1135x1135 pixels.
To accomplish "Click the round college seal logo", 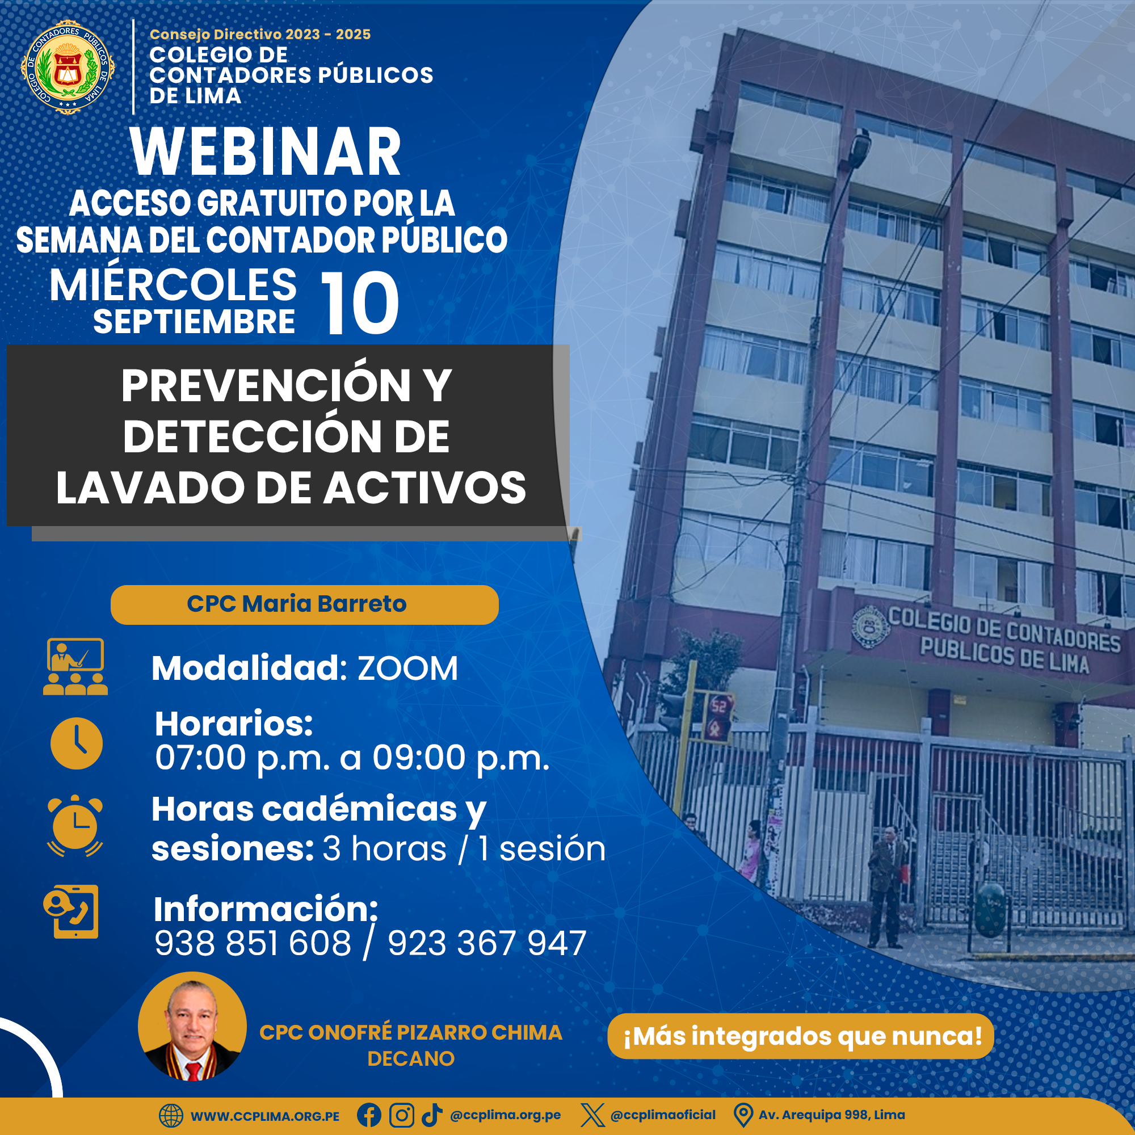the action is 68,67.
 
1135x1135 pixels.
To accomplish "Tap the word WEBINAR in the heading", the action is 266,152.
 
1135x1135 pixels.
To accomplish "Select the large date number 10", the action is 360,303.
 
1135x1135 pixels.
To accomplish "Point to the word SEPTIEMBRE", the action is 194,322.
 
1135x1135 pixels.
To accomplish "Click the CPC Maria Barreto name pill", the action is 304,604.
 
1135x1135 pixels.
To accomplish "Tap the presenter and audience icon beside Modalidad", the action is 75,667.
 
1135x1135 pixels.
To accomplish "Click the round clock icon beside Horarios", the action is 77,743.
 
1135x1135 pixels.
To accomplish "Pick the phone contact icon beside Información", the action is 71,912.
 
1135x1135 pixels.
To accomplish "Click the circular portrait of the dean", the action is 192,1026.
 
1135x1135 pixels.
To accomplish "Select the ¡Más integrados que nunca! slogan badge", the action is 801,1036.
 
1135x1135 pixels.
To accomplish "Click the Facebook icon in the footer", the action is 369,1115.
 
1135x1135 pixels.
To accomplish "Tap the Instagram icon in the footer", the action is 402,1115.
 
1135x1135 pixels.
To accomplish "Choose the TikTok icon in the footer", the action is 432,1115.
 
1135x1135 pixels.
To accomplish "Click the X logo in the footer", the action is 592,1115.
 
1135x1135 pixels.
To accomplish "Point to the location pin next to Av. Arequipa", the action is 743,1115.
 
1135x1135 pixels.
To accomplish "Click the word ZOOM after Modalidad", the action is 407,669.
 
